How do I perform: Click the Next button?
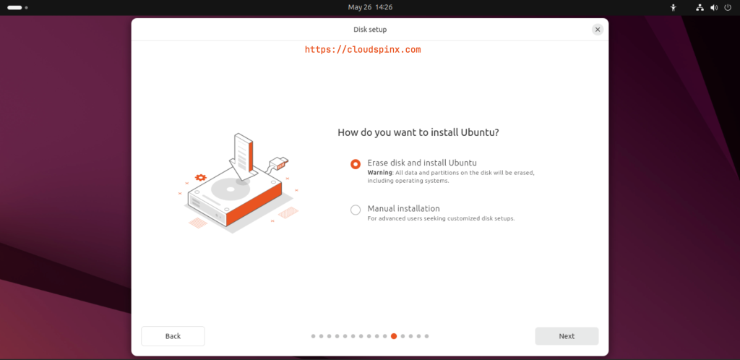coord(567,336)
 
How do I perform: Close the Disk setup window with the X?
coord(598,30)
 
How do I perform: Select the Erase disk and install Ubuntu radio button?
coord(356,164)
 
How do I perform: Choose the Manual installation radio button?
coord(356,210)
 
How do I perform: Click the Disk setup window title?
coord(370,30)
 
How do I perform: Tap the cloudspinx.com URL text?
coord(363,50)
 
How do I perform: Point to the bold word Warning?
coord(379,173)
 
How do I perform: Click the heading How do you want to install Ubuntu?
coord(418,133)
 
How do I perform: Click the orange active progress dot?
coord(394,336)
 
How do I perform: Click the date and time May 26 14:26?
coord(370,7)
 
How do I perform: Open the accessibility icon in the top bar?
coord(674,7)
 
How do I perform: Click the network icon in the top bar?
coord(700,7)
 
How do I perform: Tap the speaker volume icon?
coord(714,7)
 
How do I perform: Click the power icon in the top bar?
coord(728,7)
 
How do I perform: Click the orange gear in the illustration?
coord(201,176)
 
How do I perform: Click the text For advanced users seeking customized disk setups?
coord(441,218)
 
